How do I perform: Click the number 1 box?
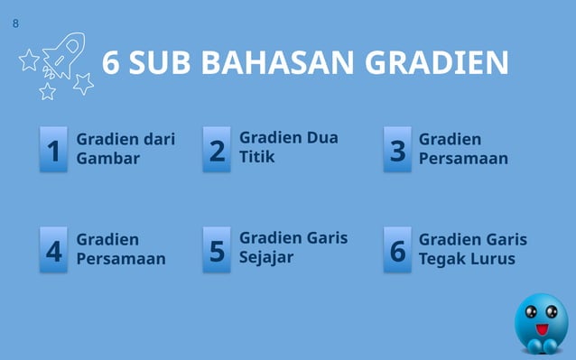coord(54,150)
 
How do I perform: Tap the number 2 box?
coord(217,150)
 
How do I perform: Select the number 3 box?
coord(397,150)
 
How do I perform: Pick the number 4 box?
coord(54,250)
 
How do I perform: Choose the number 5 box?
coord(217,250)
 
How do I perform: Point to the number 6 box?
coord(397,250)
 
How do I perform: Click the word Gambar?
coord(107,159)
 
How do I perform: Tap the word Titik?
coord(257,156)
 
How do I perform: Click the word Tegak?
coord(441,259)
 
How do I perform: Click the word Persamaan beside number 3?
coord(463,159)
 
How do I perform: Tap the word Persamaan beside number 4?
coord(121,259)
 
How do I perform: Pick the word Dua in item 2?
coord(322,137)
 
